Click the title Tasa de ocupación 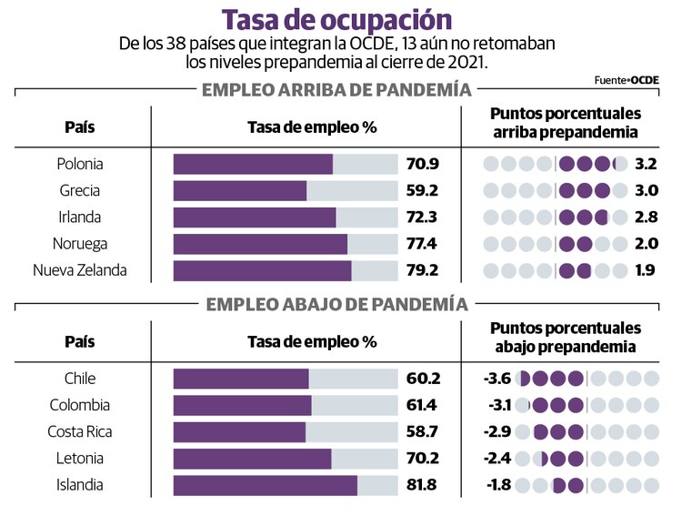click(x=336, y=19)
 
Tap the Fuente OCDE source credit click(x=627, y=80)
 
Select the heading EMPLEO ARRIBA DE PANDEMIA click(x=336, y=90)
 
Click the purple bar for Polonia click(x=253, y=165)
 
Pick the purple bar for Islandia click(x=265, y=485)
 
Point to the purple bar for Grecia click(x=240, y=191)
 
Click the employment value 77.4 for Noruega click(x=423, y=244)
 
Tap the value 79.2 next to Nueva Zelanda click(x=423, y=270)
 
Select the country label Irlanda click(x=79, y=218)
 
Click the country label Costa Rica click(x=79, y=431)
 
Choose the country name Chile click(x=79, y=379)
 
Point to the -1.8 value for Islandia click(x=498, y=485)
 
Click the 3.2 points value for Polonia click(x=646, y=165)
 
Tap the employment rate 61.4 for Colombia click(x=423, y=405)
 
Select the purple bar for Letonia click(x=252, y=459)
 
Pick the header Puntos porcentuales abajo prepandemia click(x=566, y=337)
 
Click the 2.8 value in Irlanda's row click(x=646, y=218)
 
